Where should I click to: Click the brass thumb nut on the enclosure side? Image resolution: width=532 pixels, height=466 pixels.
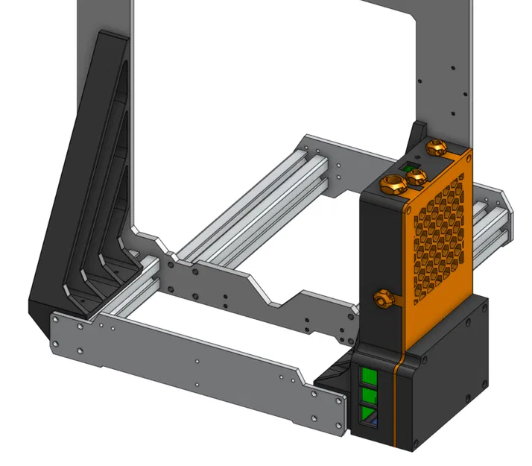pyautogui.click(x=384, y=299)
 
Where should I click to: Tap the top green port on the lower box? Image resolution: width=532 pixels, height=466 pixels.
pyautogui.click(x=368, y=375)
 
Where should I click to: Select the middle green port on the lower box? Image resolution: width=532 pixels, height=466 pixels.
pyautogui.click(x=368, y=394)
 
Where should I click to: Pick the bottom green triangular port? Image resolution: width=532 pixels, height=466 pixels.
pyautogui.click(x=368, y=413)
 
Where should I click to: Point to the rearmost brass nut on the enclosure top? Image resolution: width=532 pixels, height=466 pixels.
pyautogui.click(x=436, y=148)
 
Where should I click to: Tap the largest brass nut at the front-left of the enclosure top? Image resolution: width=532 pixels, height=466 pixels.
pyautogui.click(x=390, y=183)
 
